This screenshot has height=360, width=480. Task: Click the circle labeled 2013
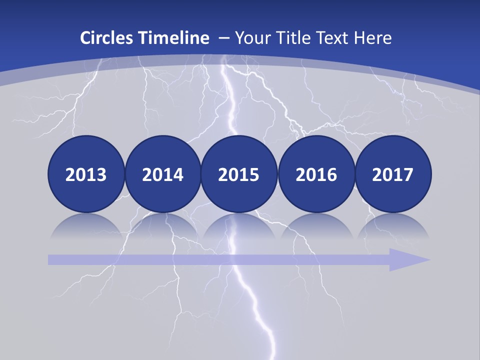[x=86, y=174]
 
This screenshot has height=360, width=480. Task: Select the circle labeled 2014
[x=162, y=174]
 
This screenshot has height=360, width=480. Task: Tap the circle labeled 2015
[x=238, y=174]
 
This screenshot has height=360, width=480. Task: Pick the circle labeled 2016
[x=316, y=174]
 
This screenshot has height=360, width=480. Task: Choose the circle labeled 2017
[x=392, y=174]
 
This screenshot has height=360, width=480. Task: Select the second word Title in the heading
[x=296, y=38]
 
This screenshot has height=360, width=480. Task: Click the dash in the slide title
[x=222, y=38]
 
